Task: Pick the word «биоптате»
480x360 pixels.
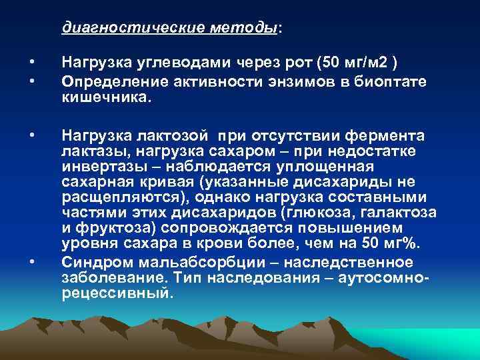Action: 390,81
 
